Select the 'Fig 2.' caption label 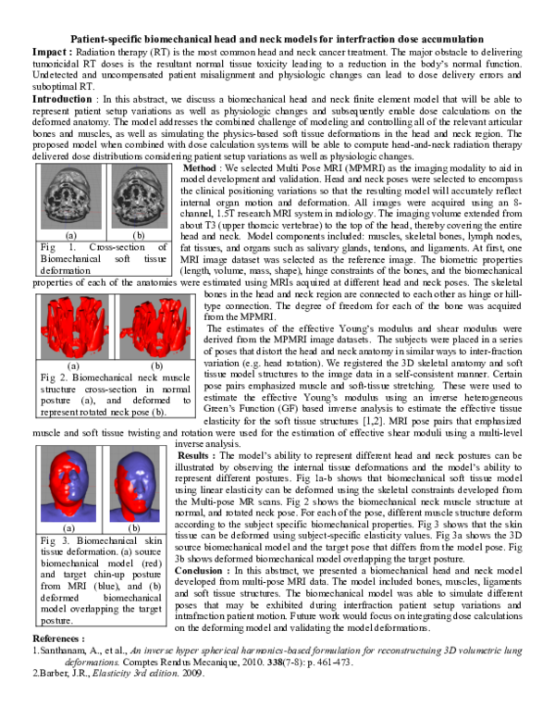pos(52,378)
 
